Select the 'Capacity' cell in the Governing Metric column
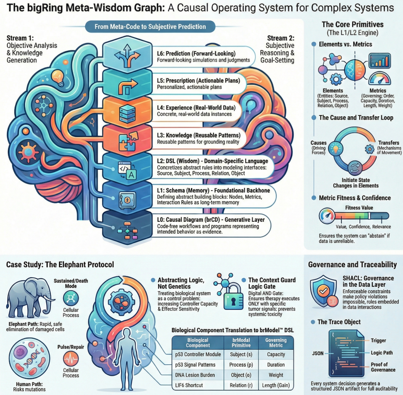[x=276, y=354]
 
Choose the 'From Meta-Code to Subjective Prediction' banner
[x=150, y=27]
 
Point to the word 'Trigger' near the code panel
[x=378, y=340]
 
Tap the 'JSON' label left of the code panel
[x=317, y=352]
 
